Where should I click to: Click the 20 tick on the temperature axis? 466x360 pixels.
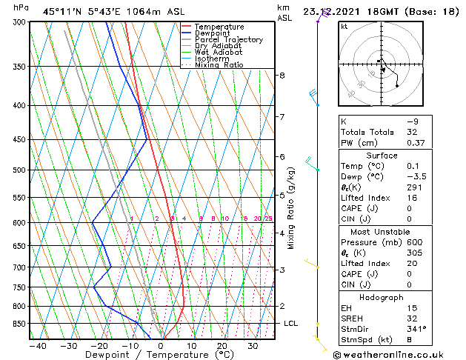[x=222, y=346]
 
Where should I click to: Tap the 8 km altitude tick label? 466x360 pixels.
[x=282, y=76]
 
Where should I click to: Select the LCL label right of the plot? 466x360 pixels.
[x=291, y=324]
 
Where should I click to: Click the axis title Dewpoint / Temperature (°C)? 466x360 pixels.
[x=156, y=356]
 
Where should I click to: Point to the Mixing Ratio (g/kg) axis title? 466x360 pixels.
[x=291, y=208]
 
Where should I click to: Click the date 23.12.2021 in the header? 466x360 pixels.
[x=333, y=11]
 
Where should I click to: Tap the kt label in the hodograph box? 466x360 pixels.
[x=344, y=27]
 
